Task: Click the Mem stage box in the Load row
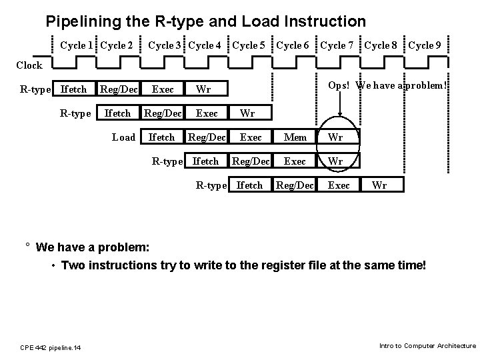[295, 137]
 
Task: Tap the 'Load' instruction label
[123, 137]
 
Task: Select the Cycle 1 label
[77, 45]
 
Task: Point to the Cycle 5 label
[249, 45]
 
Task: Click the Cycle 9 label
[424, 45]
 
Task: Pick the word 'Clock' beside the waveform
[29, 65]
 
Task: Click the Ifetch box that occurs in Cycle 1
[73, 89]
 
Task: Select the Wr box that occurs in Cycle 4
[205, 89]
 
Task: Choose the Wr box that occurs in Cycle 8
[379, 185]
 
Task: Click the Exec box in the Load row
[251, 137]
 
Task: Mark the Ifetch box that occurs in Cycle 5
[250, 185]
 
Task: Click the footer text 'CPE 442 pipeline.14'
[50, 347]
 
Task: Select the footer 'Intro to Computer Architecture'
[427, 345]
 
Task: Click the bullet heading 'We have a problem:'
[93, 248]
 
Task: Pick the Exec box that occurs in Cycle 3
[163, 89]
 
